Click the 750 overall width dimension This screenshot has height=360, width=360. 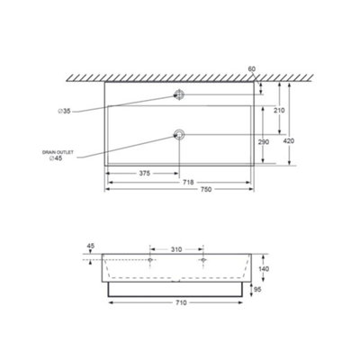(206, 189)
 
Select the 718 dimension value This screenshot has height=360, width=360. (189, 182)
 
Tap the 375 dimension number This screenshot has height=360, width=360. (145, 173)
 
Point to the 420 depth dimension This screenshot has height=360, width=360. (289, 140)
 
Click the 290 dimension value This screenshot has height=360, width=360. (264, 141)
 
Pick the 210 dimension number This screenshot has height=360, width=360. (279, 111)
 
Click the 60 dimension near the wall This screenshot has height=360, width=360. (252, 69)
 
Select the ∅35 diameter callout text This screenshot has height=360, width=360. (64, 112)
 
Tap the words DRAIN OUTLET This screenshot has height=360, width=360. (58, 152)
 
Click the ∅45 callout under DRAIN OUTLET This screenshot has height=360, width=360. (56, 158)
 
